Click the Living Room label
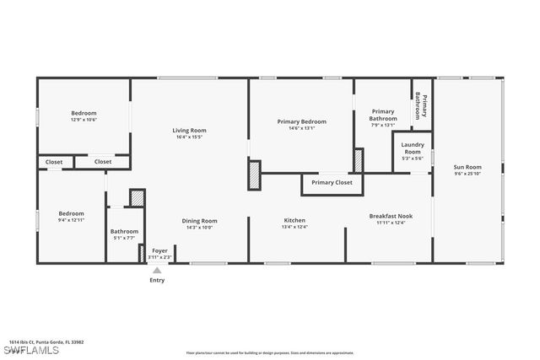pyautogui.click(x=189, y=130)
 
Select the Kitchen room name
pyautogui.click(x=294, y=221)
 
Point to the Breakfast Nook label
pyautogui.click(x=389, y=216)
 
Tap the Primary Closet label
pyautogui.click(x=332, y=182)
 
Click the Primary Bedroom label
pyautogui.click(x=301, y=121)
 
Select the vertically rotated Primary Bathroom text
pyautogui.click(x=423, y=108)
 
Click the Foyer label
pyautogui.click(x=159, y=250)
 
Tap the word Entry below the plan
pyautogui.click(x=157, y=280)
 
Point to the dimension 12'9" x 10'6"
pyautogui.click(x=84, y=120)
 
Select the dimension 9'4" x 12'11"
pyautogui.click(x=71, y=220)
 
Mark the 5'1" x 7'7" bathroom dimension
pyautogui.click(x=124, y=238)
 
